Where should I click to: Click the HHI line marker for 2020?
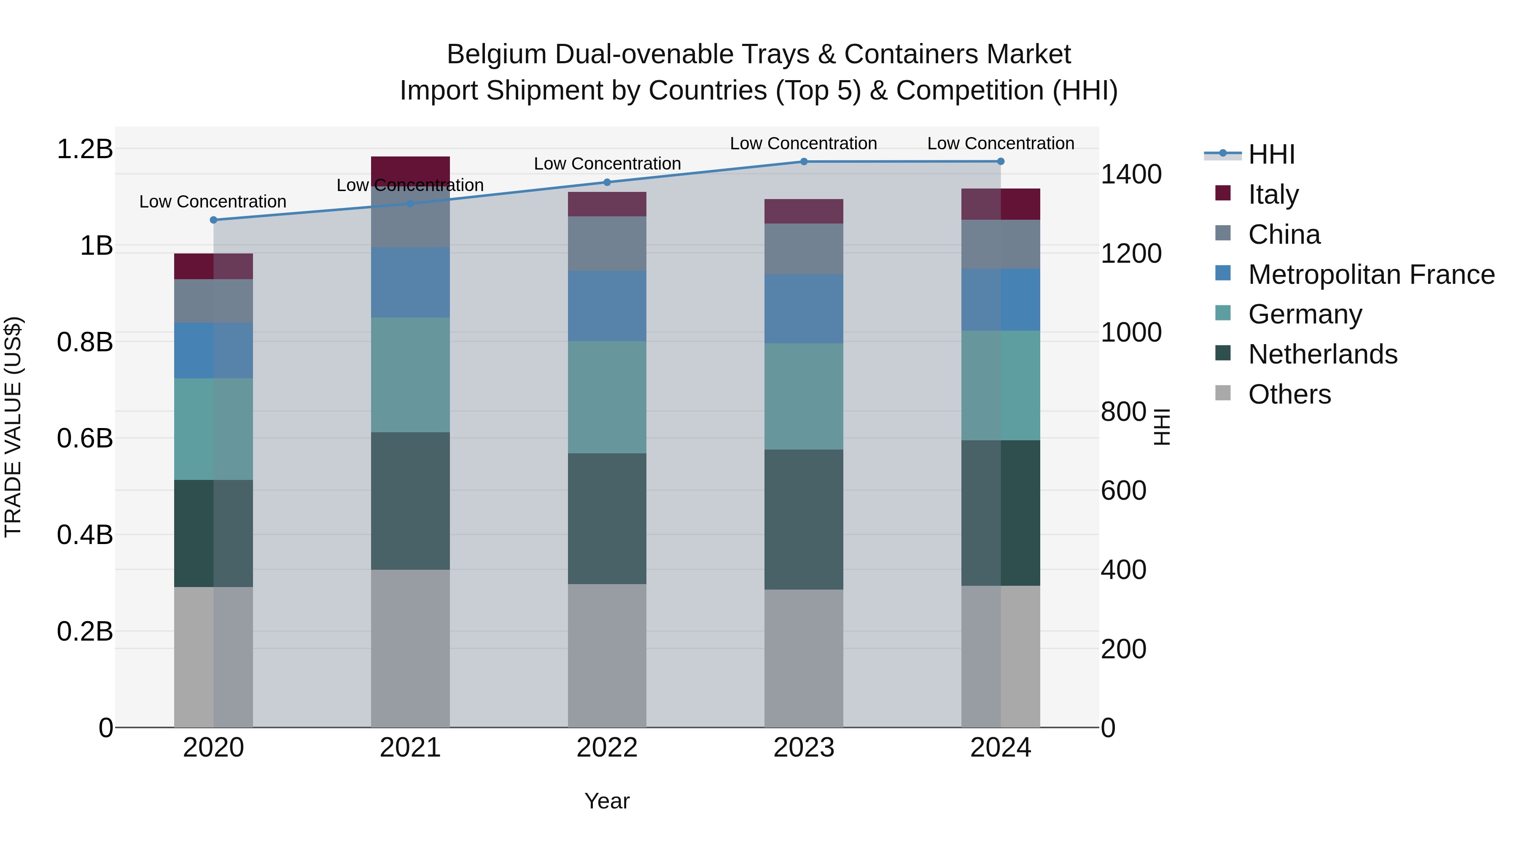click(x=213, y=220)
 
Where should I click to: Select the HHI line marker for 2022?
click(x=607, y=182)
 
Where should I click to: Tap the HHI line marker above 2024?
click(x=1001, y=162)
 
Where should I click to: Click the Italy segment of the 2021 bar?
click(x=410, y=170)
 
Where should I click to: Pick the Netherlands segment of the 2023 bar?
click(x=804, y=519)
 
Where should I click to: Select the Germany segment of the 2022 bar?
click(x=607, y=397)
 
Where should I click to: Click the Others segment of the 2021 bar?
click(x=410, y=648)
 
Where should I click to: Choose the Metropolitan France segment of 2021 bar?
click(x=410, y=282)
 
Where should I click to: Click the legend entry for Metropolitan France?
click(x=1371, y=275)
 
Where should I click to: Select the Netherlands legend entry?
click(x=1322, y=354)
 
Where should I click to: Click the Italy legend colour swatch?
click(x=1223, y=193)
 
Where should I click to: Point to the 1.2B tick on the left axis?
click(x=85, y=149)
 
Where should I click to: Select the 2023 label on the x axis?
click(x=804, y=748)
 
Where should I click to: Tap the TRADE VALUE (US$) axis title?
click(x=13, y=427)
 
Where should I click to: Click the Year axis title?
click(x=607, y=801)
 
